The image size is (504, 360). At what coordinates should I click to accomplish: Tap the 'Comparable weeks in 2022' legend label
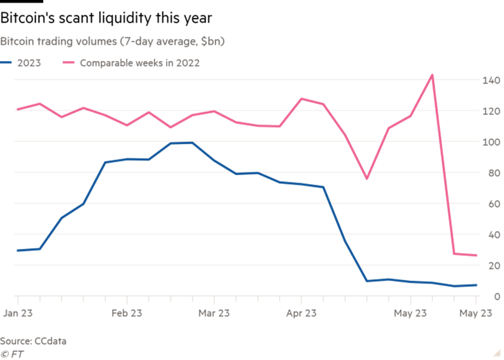139,63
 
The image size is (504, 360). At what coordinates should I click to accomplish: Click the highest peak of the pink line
432,75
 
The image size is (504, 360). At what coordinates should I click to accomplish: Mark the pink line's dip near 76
366,179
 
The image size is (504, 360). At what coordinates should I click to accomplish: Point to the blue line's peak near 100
191,142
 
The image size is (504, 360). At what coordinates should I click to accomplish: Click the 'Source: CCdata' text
33,341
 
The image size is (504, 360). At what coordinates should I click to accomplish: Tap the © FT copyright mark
13,353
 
